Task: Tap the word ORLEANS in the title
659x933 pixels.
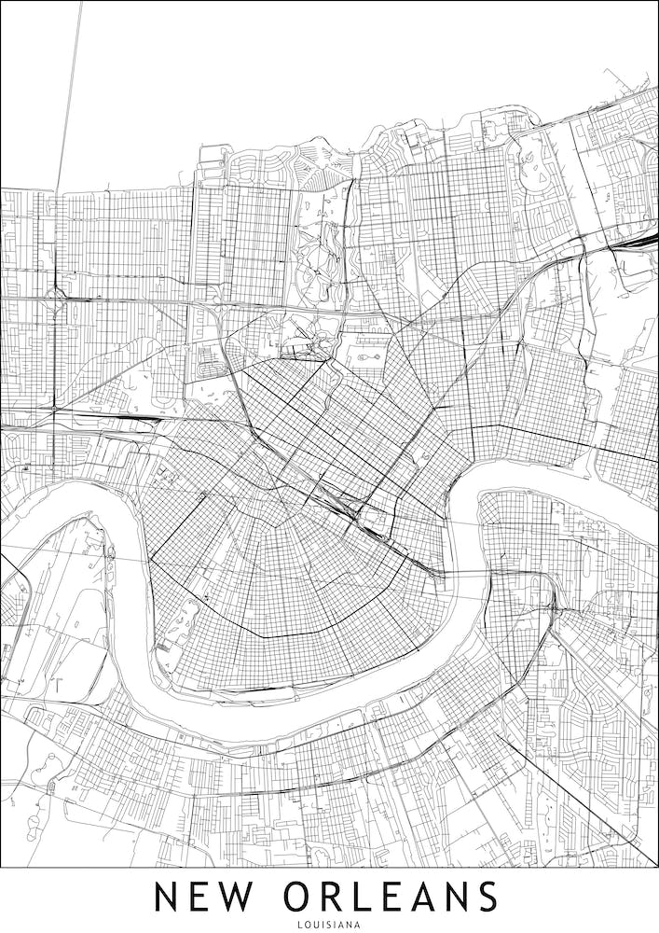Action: pyautogui.click(x=391, y=897)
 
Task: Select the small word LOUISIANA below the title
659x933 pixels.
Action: pyautogui.click(x=329, y=926)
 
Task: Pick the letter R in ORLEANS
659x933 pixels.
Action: pyautogui.click(x=336, y=897)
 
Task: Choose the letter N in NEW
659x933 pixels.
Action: pyautogui.click(x=166, y=897)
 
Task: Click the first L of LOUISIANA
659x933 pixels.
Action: pyautogui.click(x=298, y=926)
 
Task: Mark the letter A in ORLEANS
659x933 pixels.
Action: pyautogui.click(x=413, y=897)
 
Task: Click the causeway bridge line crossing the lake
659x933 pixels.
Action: pyautogui.click(x=73, y=93)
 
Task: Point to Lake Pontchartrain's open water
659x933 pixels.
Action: pyautogui.click(x=280, y=75)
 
